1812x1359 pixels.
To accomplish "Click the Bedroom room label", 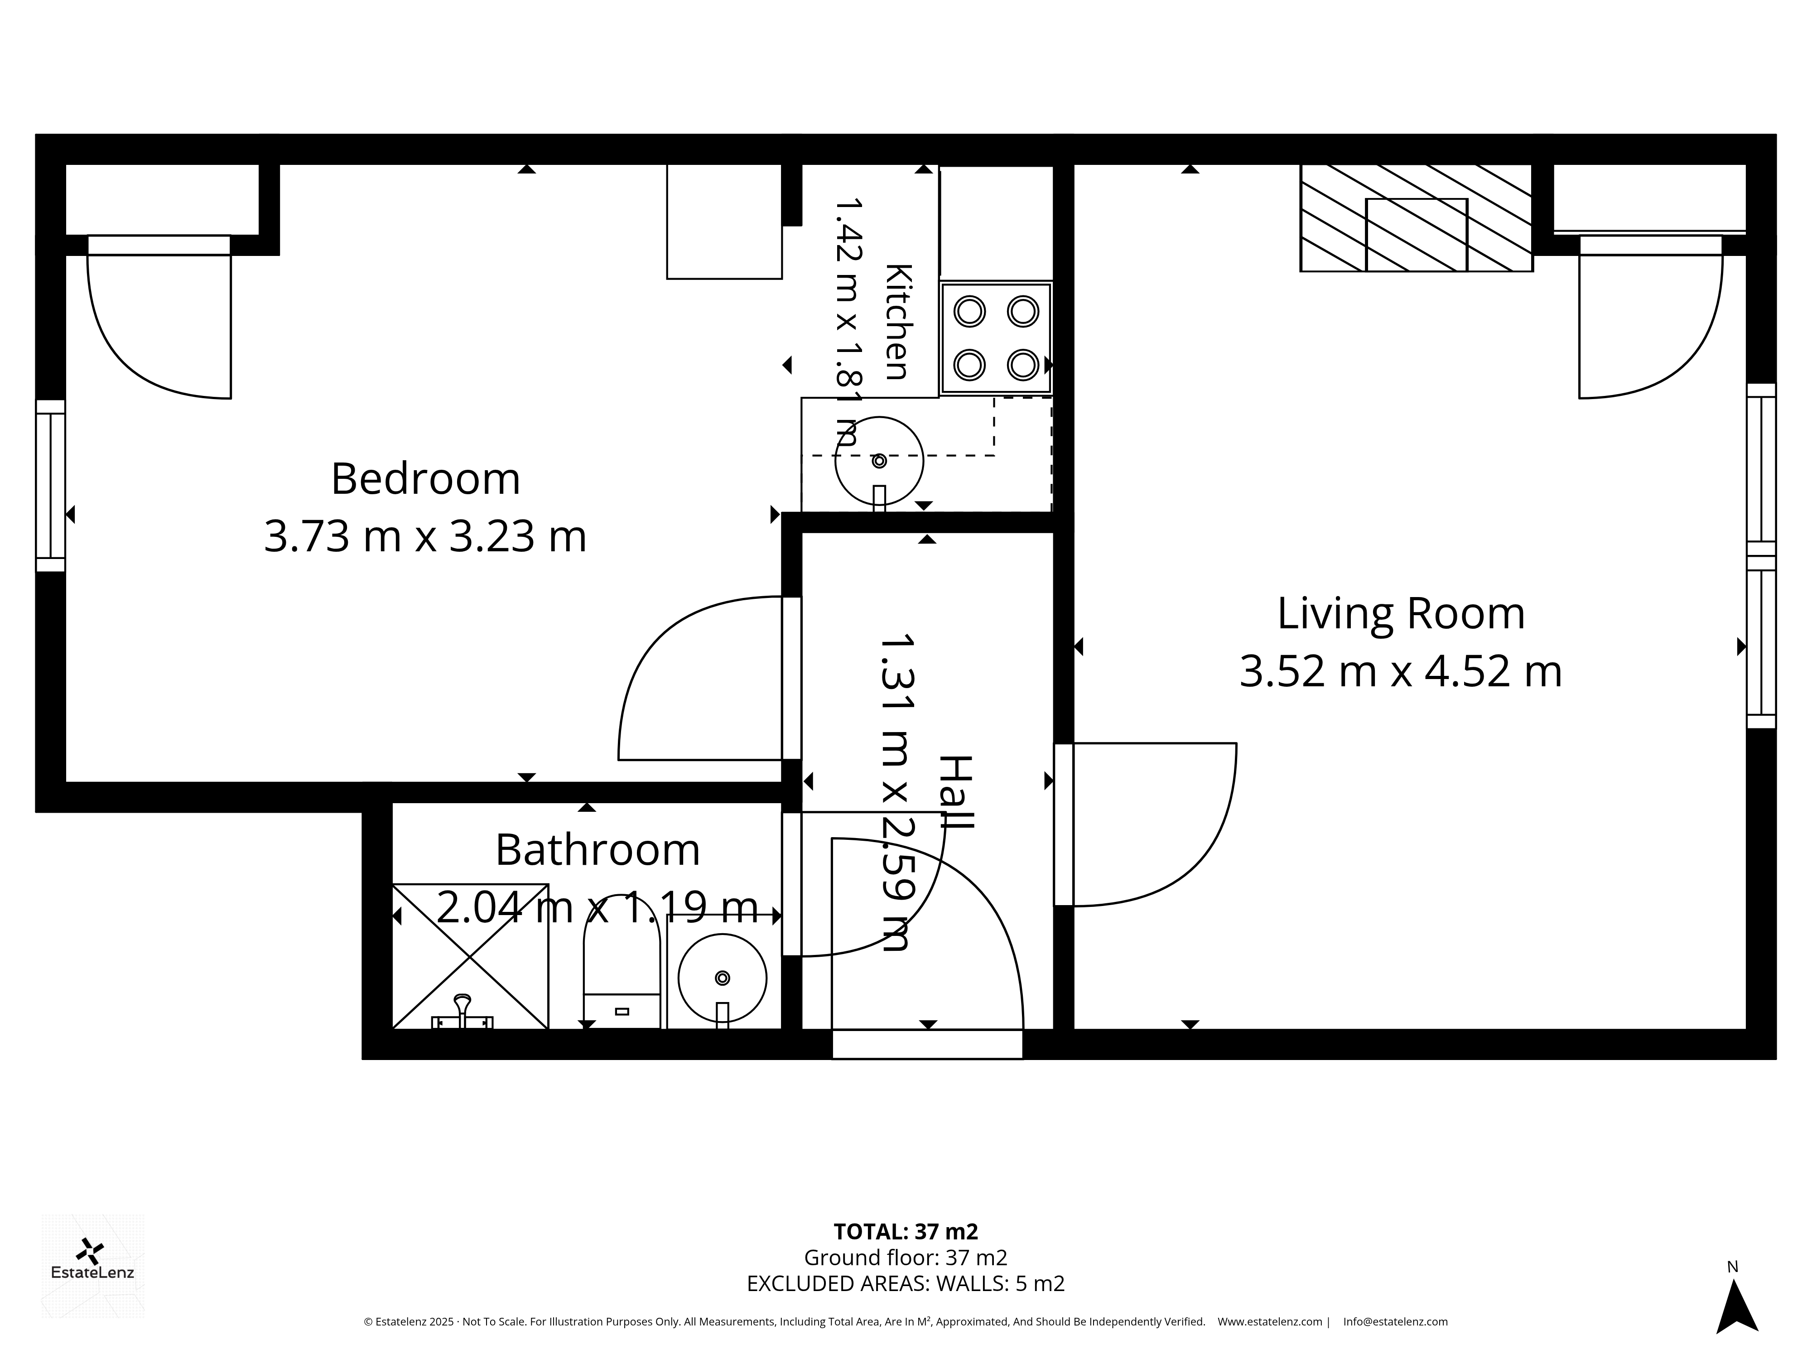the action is [x=425, y=479].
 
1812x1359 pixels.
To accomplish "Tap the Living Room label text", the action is [x=1401, y=613].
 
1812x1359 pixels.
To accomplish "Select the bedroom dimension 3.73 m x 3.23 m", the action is [x=425, y=537].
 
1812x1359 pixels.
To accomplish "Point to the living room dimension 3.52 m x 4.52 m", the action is [x=1401, y=672].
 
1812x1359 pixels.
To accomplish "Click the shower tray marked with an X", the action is [x=470, y=956].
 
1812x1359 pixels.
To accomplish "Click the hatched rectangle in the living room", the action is [x=1417, y=218].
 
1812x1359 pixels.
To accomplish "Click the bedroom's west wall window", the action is [x=50, y=485].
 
